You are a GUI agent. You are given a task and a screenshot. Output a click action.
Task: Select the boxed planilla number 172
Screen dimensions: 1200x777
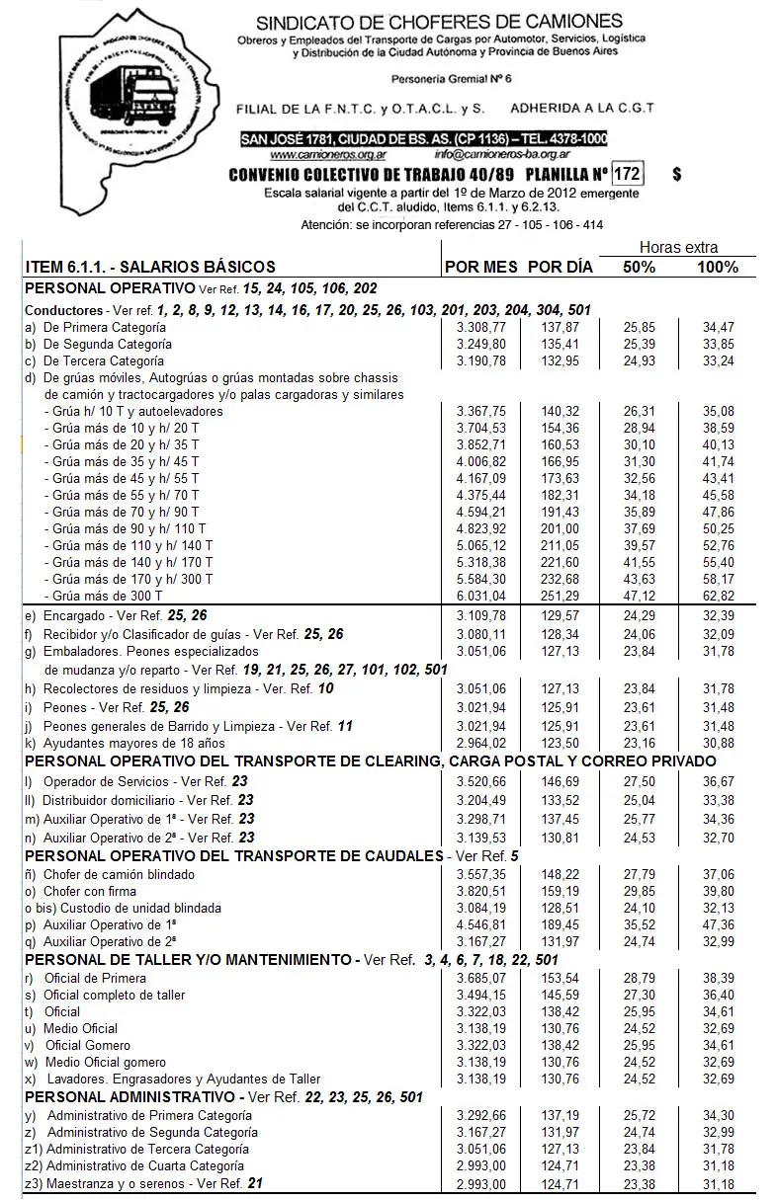point(628,175)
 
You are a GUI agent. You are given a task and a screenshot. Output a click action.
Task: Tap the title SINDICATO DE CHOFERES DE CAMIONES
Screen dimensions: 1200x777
point(439,22)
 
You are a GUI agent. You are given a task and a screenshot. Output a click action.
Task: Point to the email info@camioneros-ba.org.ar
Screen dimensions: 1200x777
point(501,155)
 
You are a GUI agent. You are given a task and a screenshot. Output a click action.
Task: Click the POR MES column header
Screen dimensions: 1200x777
point(480,267)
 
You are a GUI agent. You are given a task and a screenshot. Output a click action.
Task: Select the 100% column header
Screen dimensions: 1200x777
point(718,267)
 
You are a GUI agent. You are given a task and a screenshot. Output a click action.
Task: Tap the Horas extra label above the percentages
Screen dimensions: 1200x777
point(678,248)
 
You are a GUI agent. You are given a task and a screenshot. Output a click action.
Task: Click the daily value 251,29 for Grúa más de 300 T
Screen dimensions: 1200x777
point(561,596)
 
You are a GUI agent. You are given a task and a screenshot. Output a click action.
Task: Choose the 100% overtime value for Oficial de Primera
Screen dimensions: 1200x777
point(718,978)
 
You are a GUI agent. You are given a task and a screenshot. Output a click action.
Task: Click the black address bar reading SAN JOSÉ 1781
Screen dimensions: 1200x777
point(424,139)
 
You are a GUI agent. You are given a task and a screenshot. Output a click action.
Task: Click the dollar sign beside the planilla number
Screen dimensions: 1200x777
point(676,175)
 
